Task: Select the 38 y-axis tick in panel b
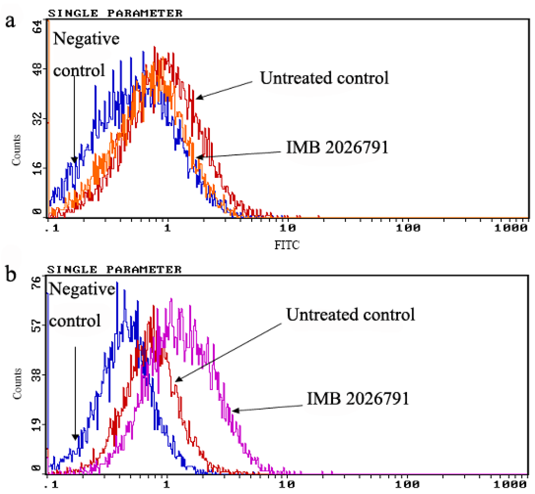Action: pyautogui.click(x=37, y=375)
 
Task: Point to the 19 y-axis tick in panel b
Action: pyautogui.click(x=37, y=425)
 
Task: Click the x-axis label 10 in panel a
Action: pyautogui.click(x=288, y=228)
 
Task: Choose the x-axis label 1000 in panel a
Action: pyautogui.click(x=511, y=228)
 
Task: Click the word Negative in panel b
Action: pyautogui.click(x=82, y=289)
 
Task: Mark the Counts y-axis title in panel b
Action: pyautogui.click(x=17, y=384)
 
